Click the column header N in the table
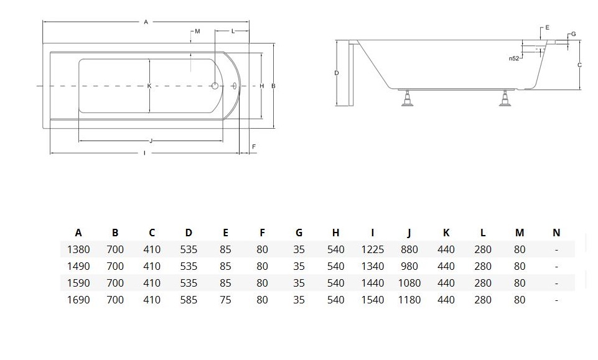[x=556, y=233]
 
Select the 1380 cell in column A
[x=78, y=249]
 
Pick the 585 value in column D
[x=189, y=300]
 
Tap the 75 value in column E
[x=225, y=300]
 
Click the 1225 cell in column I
[x=372, y=249]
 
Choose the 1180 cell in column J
[x=409, y=300]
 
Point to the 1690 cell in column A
[x=78, y=300]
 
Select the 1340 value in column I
[x=372, y=266]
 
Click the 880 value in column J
[x=409, y=249]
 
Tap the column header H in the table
[x=335, y=233]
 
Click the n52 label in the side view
[x=514, y=58]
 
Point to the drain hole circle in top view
[x=215, y=86]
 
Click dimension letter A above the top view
[x=146, y=22]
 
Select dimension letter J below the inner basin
[x=151, y=141]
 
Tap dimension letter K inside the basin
[x=149, y=86]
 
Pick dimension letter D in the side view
[x=337, y=73]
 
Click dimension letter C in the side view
[x=579, y=65]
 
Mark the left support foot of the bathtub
[x=408, y=99]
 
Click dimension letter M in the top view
[x=197, y=31]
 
